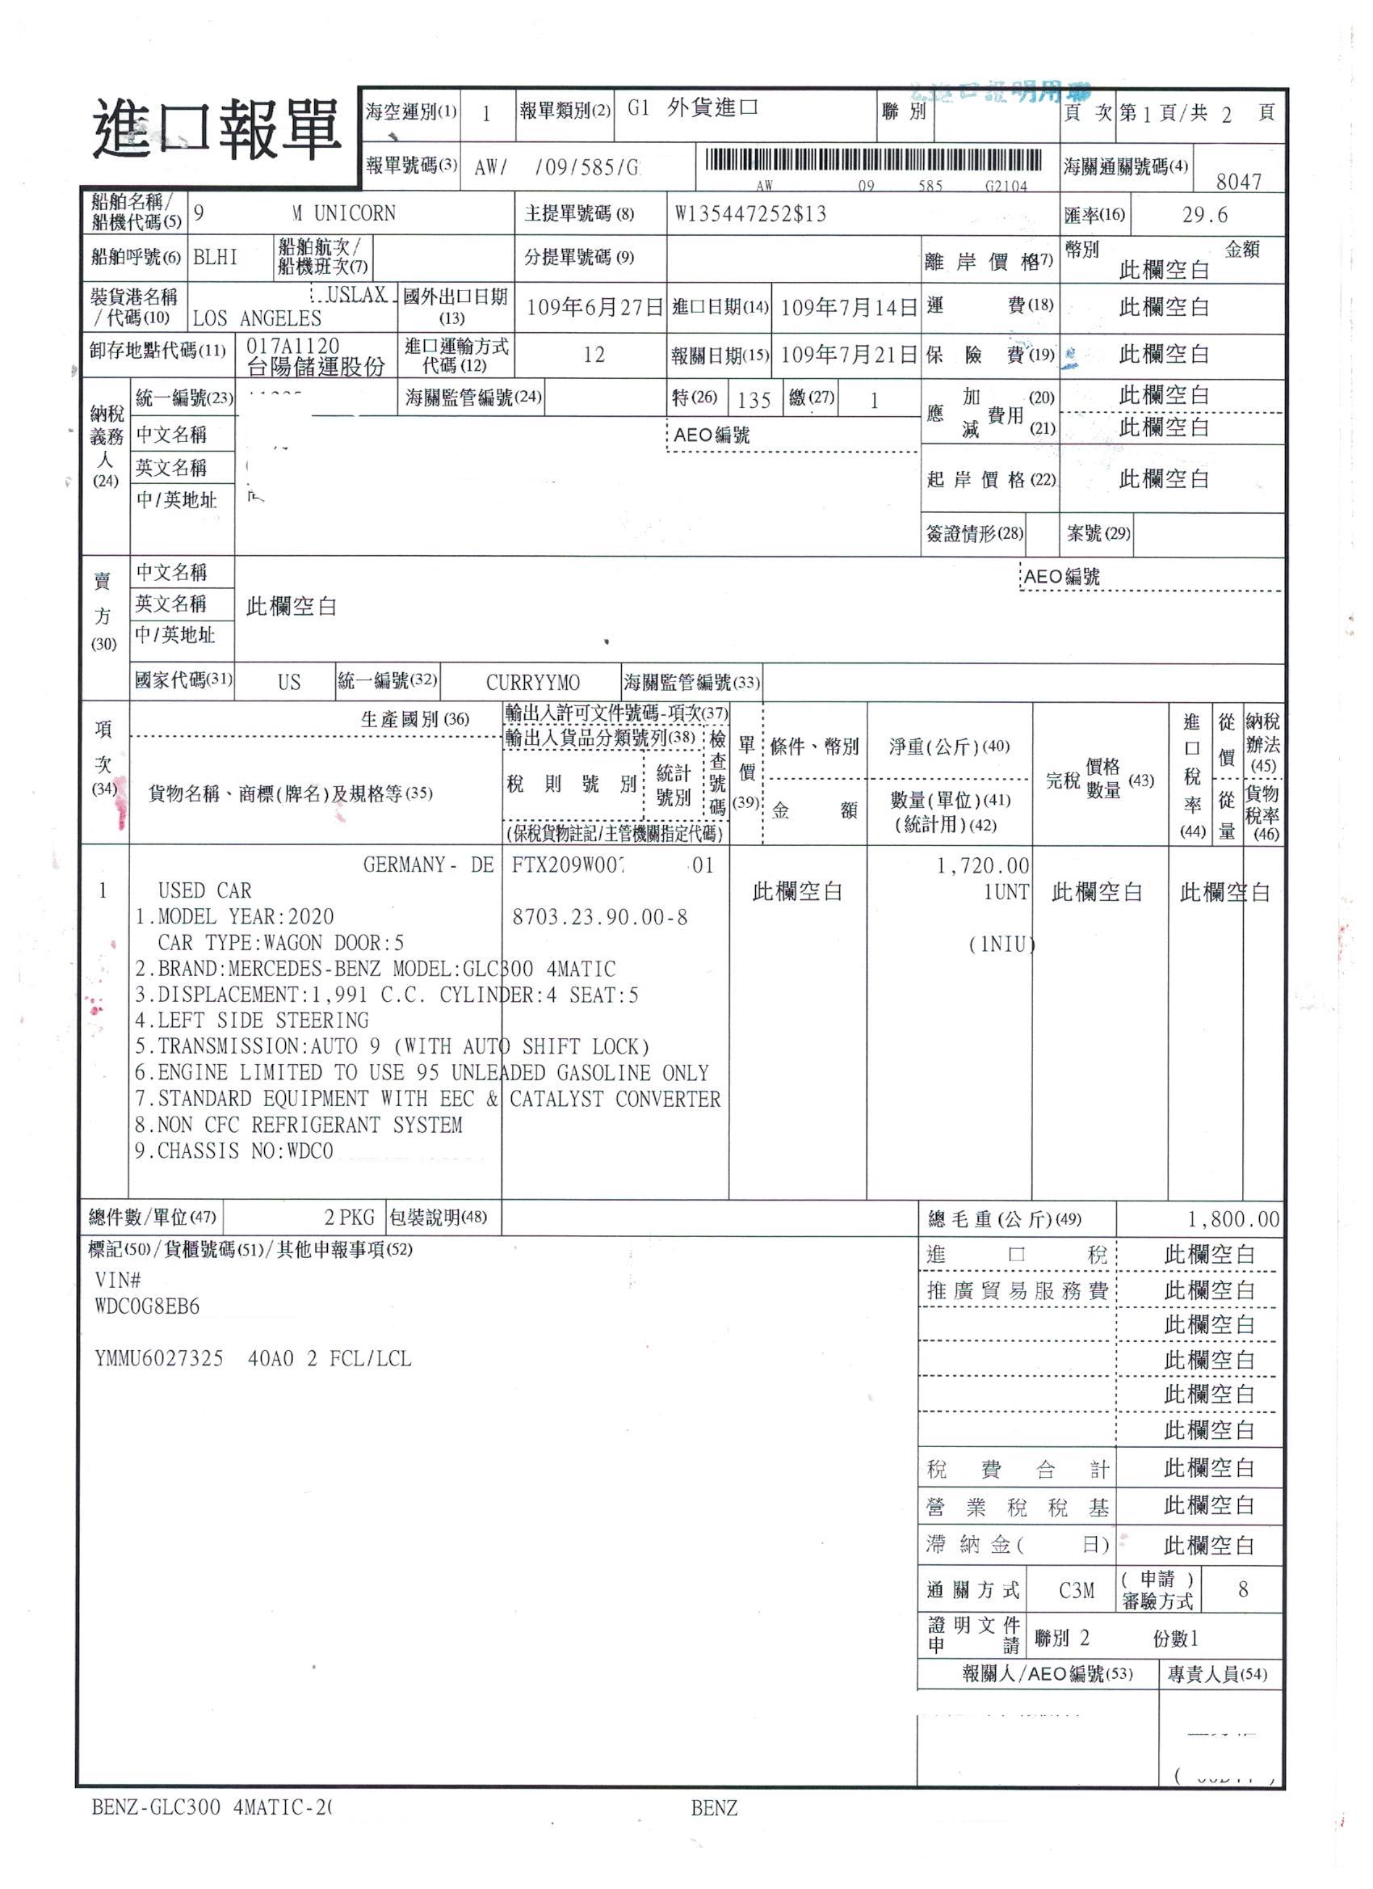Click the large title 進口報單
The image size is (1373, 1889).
[x=216, y=129]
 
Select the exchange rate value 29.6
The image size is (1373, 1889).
[x=1204, y=215]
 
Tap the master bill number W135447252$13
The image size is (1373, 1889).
[x=750, y=214]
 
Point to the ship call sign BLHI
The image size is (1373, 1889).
[x=215, y=258]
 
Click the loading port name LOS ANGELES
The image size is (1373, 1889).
[x=257, y=318]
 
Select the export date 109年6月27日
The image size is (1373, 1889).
[x=594, y=307]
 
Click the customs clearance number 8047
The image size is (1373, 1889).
[x=1238, y=182]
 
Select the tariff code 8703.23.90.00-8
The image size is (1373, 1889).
[x=599, y=917]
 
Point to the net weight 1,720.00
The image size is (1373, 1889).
[x=982, y=866]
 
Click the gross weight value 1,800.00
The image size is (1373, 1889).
[x=1232, y=1219]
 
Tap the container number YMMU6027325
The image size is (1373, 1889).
[x=159, y=1358]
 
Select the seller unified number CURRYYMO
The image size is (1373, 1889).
[x=533, y=683]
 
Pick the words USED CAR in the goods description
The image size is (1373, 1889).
[x=205, y=890]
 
